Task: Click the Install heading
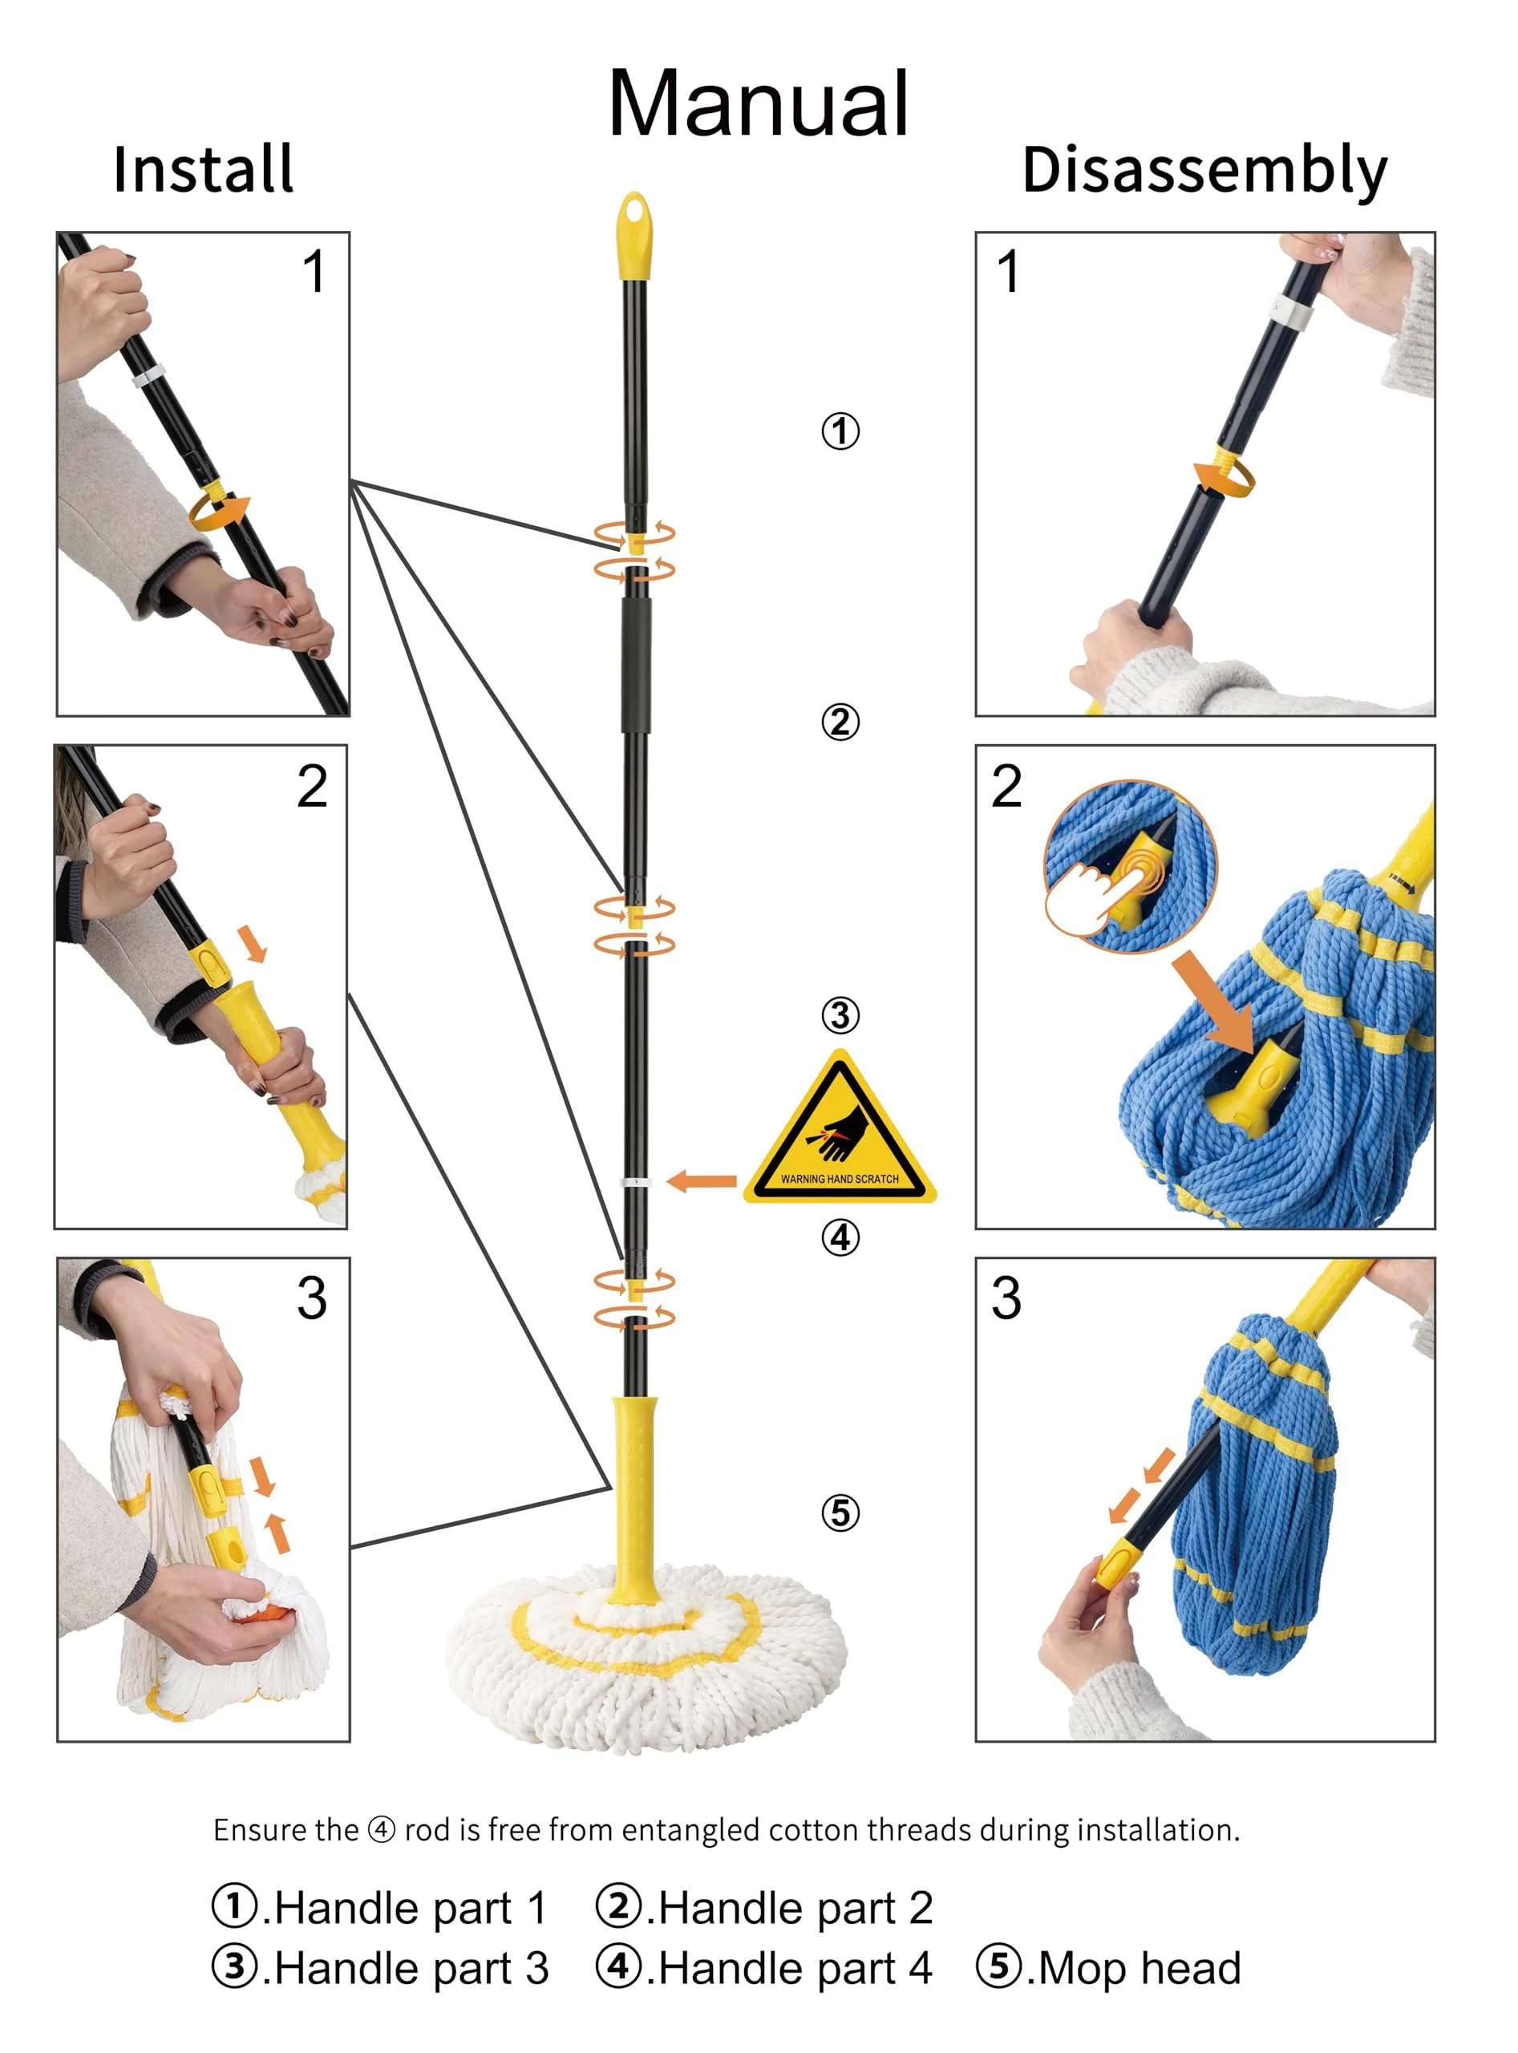point(203,170)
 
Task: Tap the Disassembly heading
point(1204,171)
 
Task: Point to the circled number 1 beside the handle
point(840,431)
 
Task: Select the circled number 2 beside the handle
point(840,722)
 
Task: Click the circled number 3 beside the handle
point(840,1015)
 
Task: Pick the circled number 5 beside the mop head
point(840,1512)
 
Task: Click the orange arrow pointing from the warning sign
point(701,1181)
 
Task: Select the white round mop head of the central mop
point(646,1654)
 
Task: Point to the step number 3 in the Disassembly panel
point(1006,1298)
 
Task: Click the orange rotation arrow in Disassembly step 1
point(1224,478)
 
